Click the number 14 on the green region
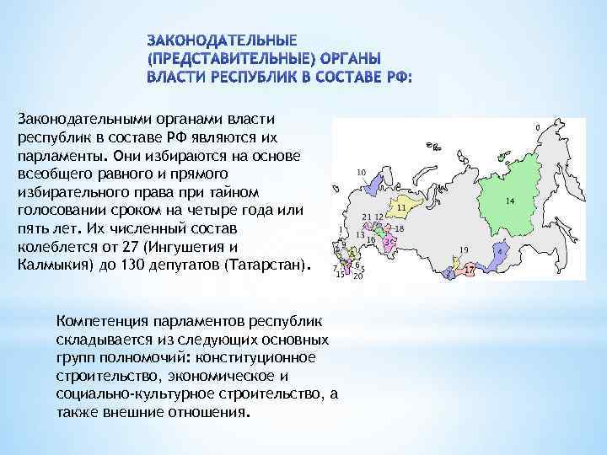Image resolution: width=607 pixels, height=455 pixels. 510,201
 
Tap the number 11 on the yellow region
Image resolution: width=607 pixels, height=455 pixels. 401,206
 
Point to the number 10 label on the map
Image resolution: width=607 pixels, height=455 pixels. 361,173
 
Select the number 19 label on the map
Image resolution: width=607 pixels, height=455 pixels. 464,249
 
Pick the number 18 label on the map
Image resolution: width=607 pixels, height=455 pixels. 400,228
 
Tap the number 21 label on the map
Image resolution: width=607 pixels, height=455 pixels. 367,217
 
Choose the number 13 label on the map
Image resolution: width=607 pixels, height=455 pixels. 360,235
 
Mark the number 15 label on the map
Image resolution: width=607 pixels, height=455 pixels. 341,275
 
